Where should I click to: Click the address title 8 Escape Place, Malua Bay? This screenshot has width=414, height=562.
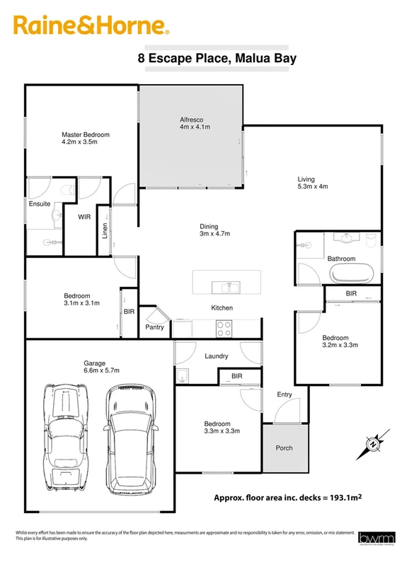(x=217, y=59)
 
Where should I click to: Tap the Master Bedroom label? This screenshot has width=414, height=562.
(x=86, y=138)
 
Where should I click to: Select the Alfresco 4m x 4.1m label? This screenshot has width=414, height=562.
(x=195, y=123)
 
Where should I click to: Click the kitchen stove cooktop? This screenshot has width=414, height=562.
(x=224, y=329)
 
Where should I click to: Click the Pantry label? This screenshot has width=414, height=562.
(x=154, y=327)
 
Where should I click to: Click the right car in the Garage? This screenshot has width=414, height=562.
(x=131, y=437)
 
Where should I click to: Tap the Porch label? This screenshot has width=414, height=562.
(x=284, y=447)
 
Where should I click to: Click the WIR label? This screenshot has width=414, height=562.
(x=84, y=218)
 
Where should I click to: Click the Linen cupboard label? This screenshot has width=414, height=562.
(x=105, y=230)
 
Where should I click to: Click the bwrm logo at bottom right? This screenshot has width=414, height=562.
(x=372, y=538)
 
